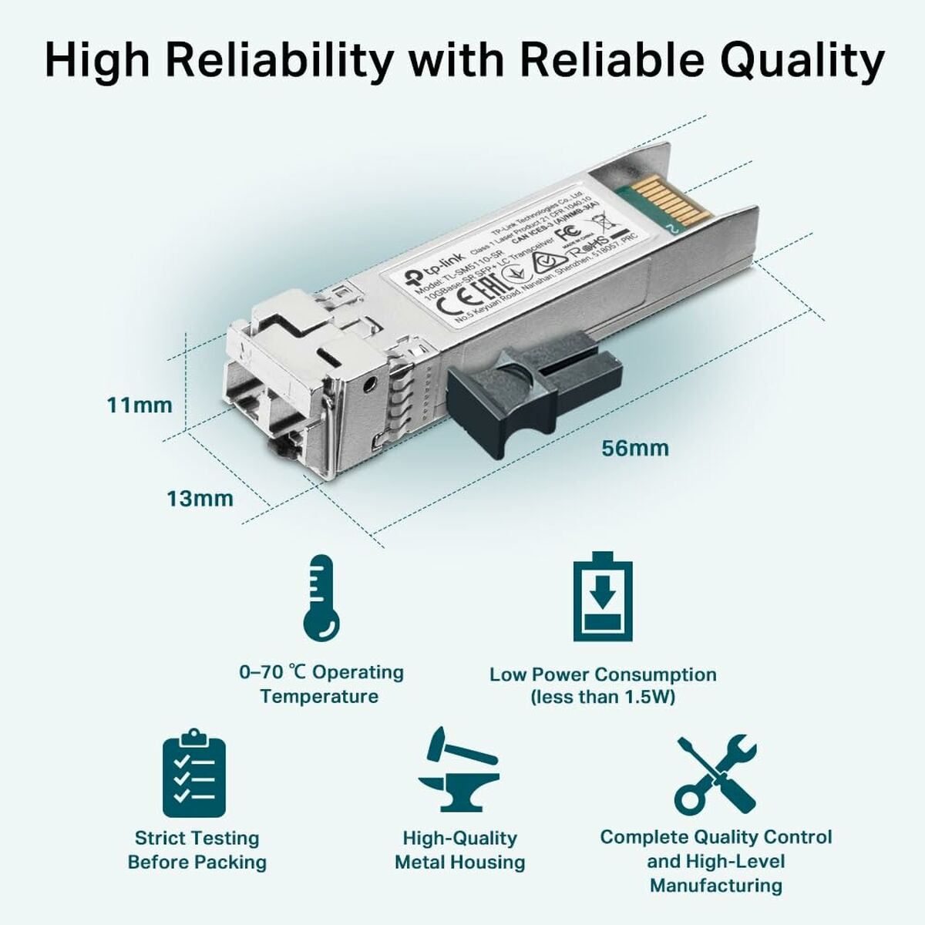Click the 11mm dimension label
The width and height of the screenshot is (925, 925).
(x=140, y=405)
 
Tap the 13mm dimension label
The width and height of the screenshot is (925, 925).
(x=200, y=499)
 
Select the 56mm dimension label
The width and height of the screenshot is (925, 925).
(x=636, y=448)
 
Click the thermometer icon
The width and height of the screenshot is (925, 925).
(x=321, y=597)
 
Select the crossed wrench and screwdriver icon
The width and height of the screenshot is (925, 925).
(x=715, y=775)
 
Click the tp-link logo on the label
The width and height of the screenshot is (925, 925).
(x=423, y=271)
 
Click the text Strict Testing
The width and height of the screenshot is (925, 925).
(x=197, y=838)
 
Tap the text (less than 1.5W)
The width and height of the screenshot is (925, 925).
(x=603, y=698)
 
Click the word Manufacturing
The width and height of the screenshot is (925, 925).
(x=715, y=885)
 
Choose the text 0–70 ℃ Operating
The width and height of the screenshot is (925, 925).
(x=321, y=672)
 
